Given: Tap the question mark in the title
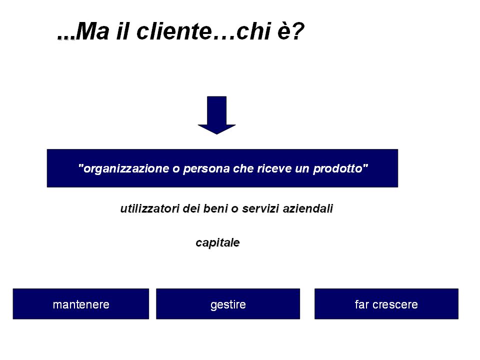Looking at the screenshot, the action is [x=297, y=31].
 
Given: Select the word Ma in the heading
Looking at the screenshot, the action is [x=92, y=31].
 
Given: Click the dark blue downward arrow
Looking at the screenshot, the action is [x=216, y=115].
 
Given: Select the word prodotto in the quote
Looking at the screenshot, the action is [x=337, y=168].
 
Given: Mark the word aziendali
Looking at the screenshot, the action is [x=307, y=208].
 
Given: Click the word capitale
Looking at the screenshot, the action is [x=217, y=243].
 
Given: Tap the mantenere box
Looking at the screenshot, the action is [x=81, y=303].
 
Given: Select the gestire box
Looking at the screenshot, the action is [x=228, y=303].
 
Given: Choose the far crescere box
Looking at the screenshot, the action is [x=386, y=303].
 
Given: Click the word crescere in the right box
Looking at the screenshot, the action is [x=395, y=305].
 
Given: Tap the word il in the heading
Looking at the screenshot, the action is [x=122, y=31].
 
